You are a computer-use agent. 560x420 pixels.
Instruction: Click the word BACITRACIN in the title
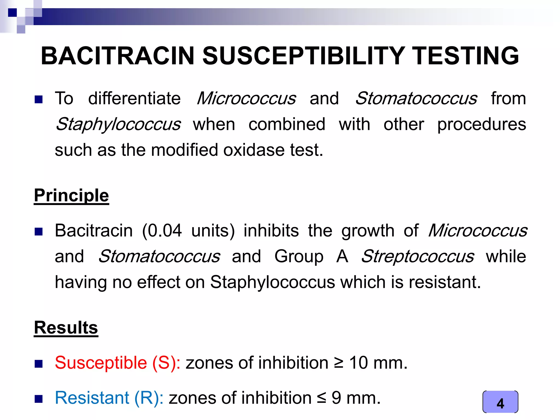[x=117, y=56]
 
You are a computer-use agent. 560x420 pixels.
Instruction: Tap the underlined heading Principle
[x=71, y=196]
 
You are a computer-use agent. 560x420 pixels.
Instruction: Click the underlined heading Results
[x=66, y=328]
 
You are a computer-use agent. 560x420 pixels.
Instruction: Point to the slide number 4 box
[x=500, y=402]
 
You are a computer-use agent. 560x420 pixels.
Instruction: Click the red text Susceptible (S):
[x=118, y=363]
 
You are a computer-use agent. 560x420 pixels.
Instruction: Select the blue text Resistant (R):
[x=109, y=398]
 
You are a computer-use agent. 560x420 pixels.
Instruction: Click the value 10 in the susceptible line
[x=358, y=363]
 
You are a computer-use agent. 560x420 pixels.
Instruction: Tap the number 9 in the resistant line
[x=336, y=398]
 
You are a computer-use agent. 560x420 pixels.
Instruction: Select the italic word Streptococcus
[x=418, y=256]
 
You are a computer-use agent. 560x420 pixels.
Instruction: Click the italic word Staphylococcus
[x=118, y=124]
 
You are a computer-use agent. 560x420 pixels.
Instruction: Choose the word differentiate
[x=134, y=98]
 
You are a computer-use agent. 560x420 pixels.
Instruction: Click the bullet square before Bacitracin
[x=39, y=232]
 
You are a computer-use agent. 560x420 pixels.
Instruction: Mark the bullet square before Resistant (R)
[x=39, y=399]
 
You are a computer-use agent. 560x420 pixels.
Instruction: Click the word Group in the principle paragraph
[x=299, y=256]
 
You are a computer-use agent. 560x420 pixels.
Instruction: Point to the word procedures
[x=482, y=124]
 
